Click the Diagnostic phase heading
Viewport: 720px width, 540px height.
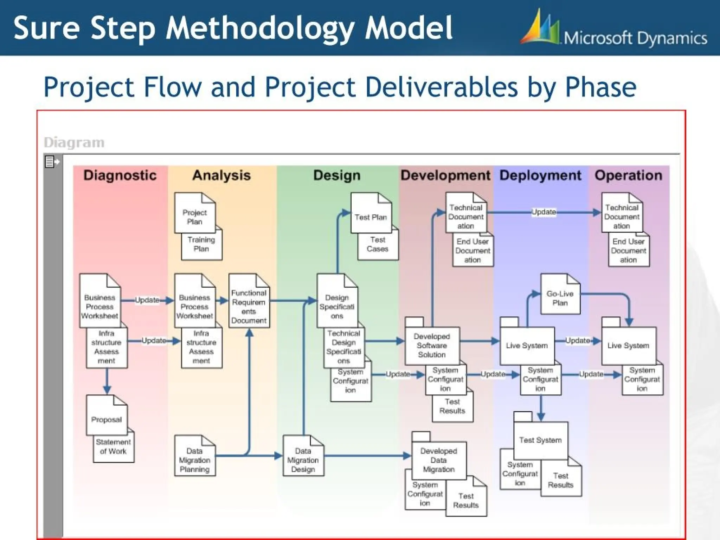(120, 175)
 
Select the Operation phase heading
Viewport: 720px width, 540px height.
(628, 175)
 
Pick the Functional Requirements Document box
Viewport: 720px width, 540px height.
(249, 306)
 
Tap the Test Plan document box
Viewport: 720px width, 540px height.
(371, 217)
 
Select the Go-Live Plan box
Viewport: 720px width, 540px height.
(560, 298)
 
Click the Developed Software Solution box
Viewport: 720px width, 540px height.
(432, 345)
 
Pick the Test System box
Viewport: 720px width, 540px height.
(540, 440)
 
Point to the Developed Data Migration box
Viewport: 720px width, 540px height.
(438, 460)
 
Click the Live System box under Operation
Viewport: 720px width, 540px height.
(628, 345)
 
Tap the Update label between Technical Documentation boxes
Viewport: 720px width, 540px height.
(544, 212)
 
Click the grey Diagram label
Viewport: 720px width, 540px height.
(74, 143)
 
